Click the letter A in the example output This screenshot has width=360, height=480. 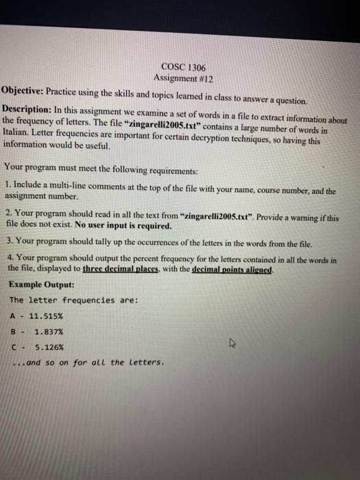pos(13,315)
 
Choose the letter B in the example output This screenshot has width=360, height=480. pos(13,331)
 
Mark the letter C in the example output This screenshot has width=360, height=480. pos(13,347)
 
